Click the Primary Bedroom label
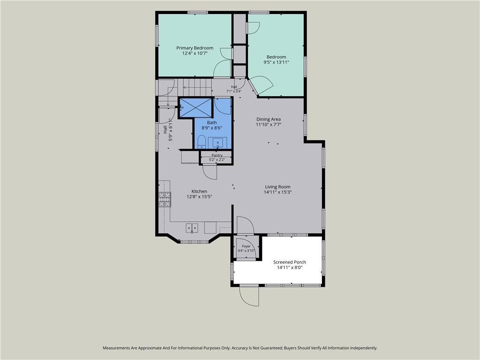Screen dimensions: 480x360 (195, 48)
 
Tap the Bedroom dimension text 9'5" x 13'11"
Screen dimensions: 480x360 (277, 62)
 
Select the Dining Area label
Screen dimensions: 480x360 (269, 119)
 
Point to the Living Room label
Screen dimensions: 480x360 (277, 187)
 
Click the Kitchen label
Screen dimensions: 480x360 (199, 191)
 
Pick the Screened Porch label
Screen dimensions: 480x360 (290, 262)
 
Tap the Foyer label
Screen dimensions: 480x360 (246, 246)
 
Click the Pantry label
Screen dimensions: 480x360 (217, 155)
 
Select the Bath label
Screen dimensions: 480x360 (212, 122)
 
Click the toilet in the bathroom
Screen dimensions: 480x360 (201, 142)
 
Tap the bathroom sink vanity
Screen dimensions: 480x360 (217, 142)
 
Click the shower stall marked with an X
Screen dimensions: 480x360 (196, 107)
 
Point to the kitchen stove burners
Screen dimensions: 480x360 (165, 199)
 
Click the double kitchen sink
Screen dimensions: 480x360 (192, 227)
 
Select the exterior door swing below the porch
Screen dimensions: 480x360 (249, 296)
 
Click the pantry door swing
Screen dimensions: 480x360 (210, 172)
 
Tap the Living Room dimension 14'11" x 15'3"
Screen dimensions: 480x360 (277, 192)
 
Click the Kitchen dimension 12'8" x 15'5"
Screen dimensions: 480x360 (199, 197)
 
